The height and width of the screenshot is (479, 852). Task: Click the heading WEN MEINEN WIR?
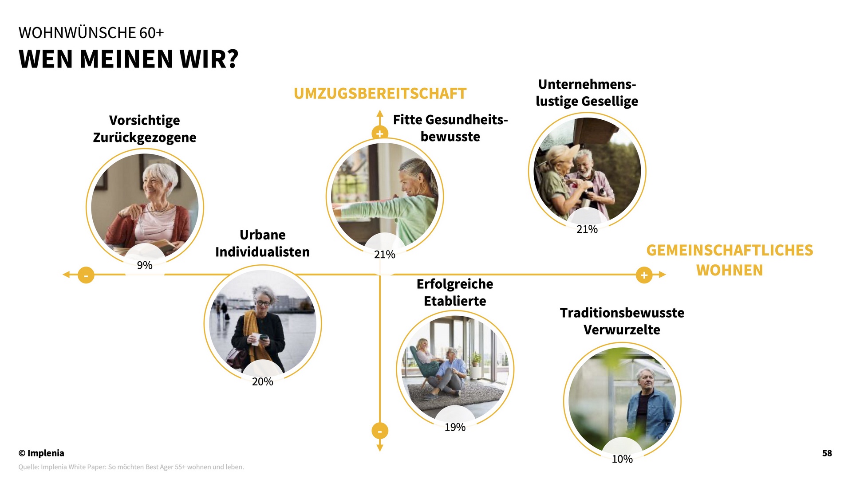(129, 59)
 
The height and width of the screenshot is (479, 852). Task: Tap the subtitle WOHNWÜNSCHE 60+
(91, 33)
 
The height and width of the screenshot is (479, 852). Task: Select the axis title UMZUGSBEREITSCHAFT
(380, 94)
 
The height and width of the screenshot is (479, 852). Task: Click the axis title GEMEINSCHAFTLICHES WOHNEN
(730, 260)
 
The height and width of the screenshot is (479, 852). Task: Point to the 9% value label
(145, 265)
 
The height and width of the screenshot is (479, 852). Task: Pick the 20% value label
(263, 381)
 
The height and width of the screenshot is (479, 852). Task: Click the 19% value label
(455, 427)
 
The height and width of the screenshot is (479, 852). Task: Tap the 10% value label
(622, 459)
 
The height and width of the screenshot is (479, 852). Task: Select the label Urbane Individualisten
(263, 243)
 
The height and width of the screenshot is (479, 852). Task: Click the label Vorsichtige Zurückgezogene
(145, 129)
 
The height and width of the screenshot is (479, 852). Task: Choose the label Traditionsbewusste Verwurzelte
(622, 321)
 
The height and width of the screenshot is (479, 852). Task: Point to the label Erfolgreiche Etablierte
(455, 292)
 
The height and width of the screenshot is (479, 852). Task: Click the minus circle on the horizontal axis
(86, 275)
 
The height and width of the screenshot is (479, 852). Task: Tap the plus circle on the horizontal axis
(644, 275)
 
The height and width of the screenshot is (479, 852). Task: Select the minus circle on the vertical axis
(380, 431)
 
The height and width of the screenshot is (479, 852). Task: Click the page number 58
(827, 453)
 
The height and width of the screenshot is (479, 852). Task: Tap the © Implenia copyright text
(41, 453)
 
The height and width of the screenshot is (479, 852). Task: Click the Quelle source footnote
(131, 467)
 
